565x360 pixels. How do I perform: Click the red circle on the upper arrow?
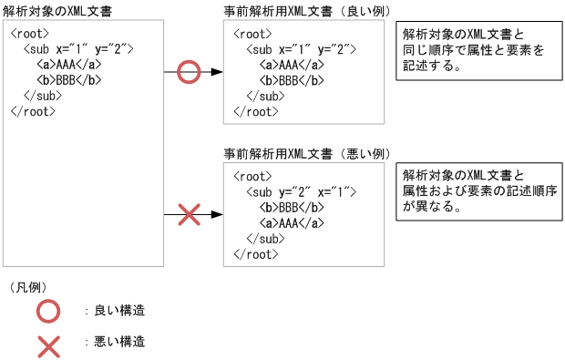pos(188,71)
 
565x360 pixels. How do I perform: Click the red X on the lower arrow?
pos(188,215)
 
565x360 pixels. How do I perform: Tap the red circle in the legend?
pos(48,311)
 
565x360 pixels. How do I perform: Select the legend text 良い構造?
pos(119,311)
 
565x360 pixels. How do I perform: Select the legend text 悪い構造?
pos(119,343)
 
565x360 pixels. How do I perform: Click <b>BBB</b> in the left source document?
pos(69,79)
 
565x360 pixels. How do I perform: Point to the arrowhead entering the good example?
pos(217,71)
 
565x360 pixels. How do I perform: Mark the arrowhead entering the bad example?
pos(217,215)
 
